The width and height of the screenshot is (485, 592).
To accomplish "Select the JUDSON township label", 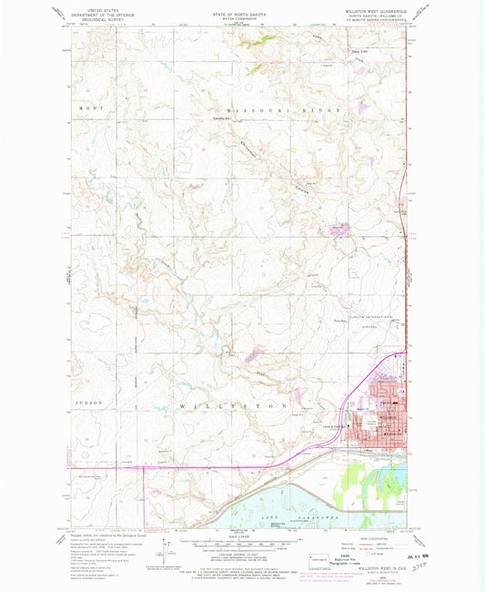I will point(89,402).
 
